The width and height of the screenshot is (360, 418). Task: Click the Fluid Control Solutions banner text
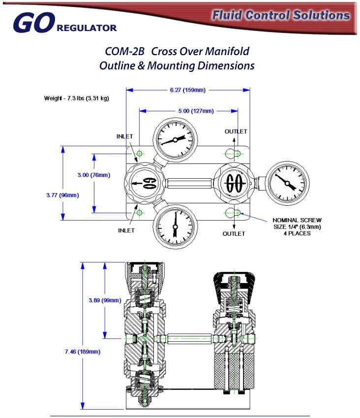[281, 15]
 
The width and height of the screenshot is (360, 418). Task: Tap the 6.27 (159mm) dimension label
[187, 90]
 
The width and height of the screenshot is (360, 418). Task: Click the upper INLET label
[124, 136]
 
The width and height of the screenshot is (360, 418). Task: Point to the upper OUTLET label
[236, 131]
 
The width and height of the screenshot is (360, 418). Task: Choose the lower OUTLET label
[234, 234]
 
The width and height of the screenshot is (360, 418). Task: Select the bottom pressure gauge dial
[175, 228]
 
